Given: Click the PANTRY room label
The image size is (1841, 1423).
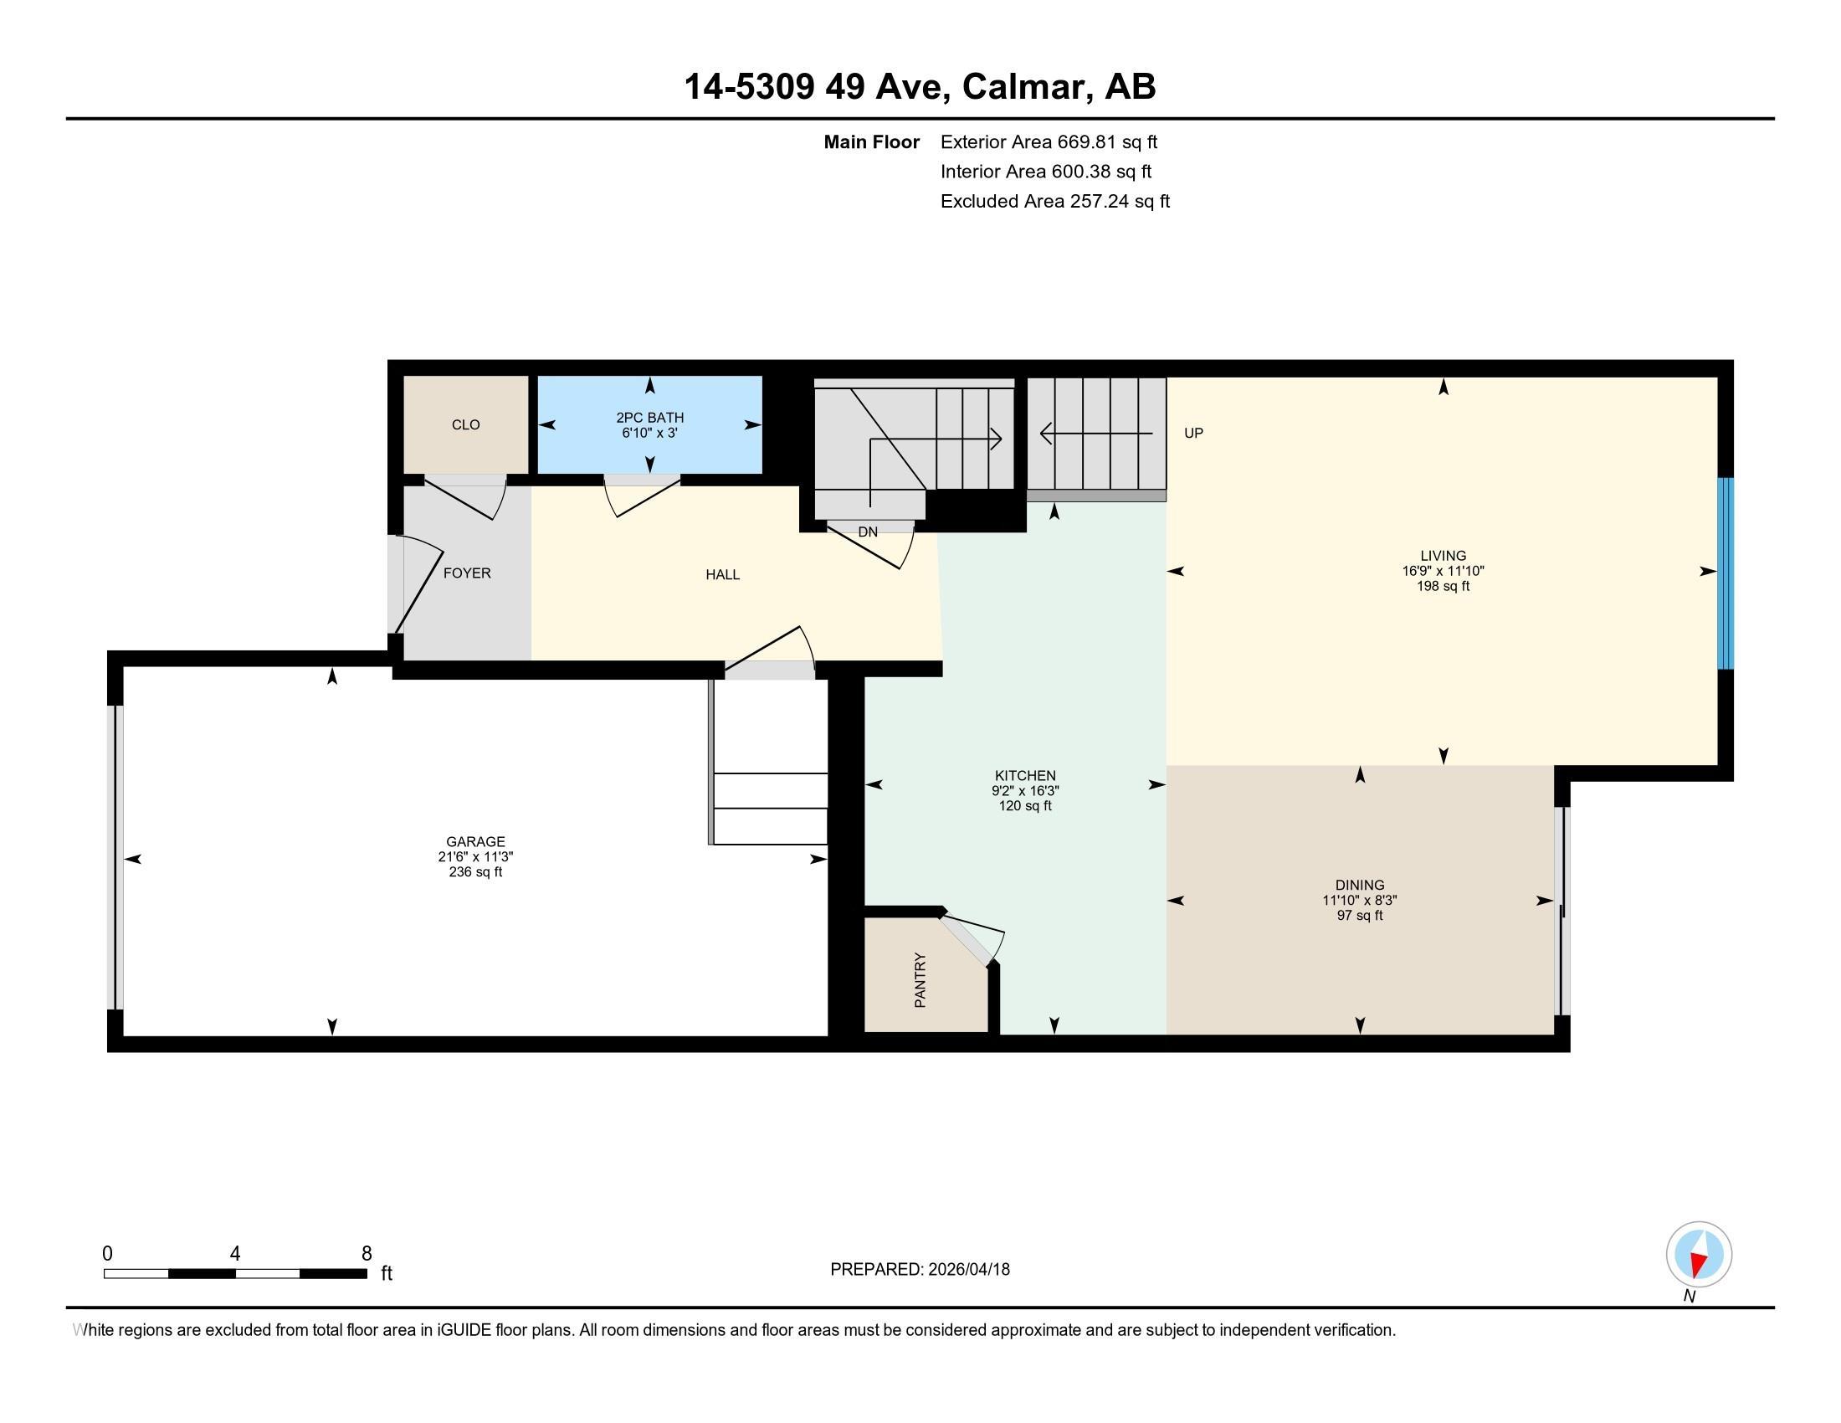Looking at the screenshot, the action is [x=920, y=980].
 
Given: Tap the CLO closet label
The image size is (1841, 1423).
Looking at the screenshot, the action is [x=465, y=425].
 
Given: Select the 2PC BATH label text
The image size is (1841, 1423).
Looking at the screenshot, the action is [x=650, y=418].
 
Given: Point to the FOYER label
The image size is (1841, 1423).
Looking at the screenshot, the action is [x=467, y=573].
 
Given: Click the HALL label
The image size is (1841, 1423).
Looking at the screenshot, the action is [x=722, y=575].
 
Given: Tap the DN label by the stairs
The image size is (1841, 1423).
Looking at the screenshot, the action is [x=868, y=532].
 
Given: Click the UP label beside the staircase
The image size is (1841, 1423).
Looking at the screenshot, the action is [x=1193, y=434].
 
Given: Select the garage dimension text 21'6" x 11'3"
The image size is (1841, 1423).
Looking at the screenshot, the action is [x=475, y=856].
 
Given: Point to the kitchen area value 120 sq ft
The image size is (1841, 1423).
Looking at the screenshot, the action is [x=1025, y=806].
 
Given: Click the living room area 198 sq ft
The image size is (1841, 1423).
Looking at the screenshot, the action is [x=1444, y=586].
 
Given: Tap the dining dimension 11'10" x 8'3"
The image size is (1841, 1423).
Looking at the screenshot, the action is [x=1360, y=901].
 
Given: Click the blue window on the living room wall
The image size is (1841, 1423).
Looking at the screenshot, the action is [x=1726, y=573].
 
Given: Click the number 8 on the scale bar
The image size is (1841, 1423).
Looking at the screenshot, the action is [x=367, y=1254].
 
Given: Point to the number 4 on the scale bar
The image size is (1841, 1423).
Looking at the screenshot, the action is [x=235, y=1254].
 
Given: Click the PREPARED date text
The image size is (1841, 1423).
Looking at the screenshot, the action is [x=920, y=1270].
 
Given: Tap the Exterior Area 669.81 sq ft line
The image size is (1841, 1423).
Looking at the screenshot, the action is [x=1049, y=141].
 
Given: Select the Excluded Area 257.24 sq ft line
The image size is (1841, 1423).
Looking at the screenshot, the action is [x=1055, y=202].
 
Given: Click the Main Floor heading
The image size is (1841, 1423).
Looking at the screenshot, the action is [x=872, y=141].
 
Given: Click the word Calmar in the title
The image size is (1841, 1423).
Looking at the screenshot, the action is [x=1022, y=87].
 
